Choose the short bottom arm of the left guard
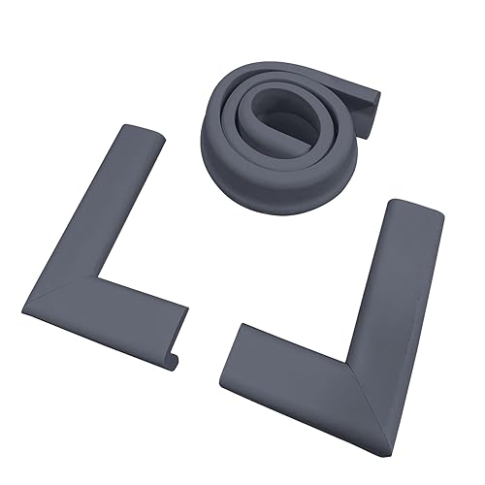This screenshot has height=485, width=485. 116,325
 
